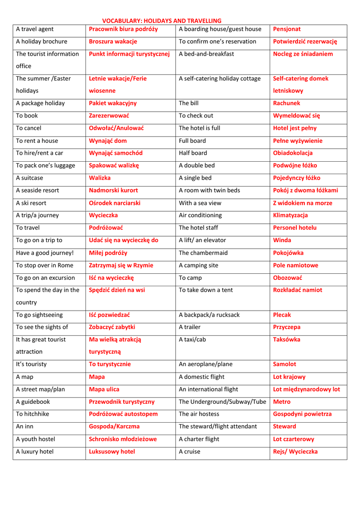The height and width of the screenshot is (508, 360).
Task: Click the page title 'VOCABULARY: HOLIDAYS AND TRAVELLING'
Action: click(161, 21)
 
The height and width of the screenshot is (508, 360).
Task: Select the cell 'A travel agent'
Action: click(35, 29)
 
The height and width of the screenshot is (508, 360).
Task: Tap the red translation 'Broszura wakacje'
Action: click(113, 42)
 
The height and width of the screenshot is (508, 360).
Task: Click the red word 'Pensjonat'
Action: click(287, 29)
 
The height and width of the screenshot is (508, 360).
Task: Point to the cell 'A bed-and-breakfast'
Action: click(206, 54)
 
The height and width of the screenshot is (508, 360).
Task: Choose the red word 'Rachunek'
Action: click(287, 103)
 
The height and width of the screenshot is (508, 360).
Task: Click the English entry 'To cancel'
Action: click(29, 128)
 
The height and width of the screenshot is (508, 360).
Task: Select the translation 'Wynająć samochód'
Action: click(115, 153)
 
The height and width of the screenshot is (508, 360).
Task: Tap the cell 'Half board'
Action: click(193, 153)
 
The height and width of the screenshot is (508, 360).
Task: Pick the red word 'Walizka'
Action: click(99, 178)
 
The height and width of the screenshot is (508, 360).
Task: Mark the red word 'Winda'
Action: click(282, 240)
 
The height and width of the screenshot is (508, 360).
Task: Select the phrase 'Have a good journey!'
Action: click(44, 253)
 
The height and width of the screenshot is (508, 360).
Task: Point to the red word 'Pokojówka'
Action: click(288, 253)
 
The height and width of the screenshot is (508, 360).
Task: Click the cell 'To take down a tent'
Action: click(206, 290)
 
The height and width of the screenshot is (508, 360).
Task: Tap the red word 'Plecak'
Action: click(282, 315)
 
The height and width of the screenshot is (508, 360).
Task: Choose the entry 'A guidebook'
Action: click(33, 402)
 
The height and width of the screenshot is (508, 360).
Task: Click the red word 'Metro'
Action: click(282, 402)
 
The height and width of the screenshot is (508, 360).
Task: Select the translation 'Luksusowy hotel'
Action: click(112, 451)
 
